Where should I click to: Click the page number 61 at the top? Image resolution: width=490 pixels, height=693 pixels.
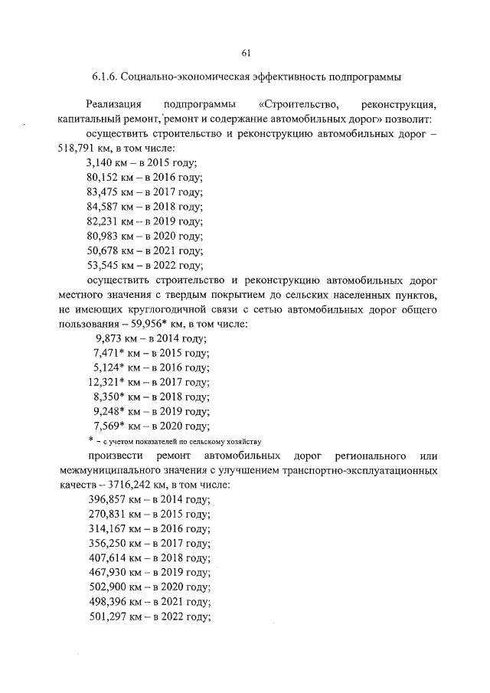coord(246,53)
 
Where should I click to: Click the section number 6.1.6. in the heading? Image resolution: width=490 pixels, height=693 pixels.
coord(106,78)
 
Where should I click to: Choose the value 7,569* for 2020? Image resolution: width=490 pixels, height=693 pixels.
coord(109,426)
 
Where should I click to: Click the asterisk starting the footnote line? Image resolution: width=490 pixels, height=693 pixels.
coord(90,441)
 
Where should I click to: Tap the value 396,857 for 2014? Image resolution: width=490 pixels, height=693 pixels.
coord(106,499)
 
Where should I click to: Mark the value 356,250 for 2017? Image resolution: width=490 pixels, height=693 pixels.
coord(106,544)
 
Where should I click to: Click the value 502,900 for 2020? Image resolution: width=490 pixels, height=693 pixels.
coord(106,588)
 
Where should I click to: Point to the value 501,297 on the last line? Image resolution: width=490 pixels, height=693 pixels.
coord(106,617)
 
